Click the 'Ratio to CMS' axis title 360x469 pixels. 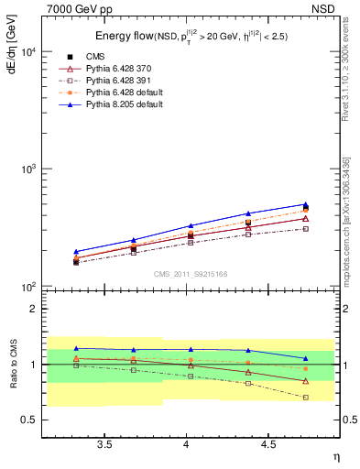click(x=12, y=365)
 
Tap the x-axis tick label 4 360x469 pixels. click(x=187, y=444)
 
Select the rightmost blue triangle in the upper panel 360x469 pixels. click(x=305, y=204)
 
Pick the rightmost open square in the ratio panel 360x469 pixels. click(x=305, y=398)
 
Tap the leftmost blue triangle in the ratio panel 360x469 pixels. click(x=76, y=348)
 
